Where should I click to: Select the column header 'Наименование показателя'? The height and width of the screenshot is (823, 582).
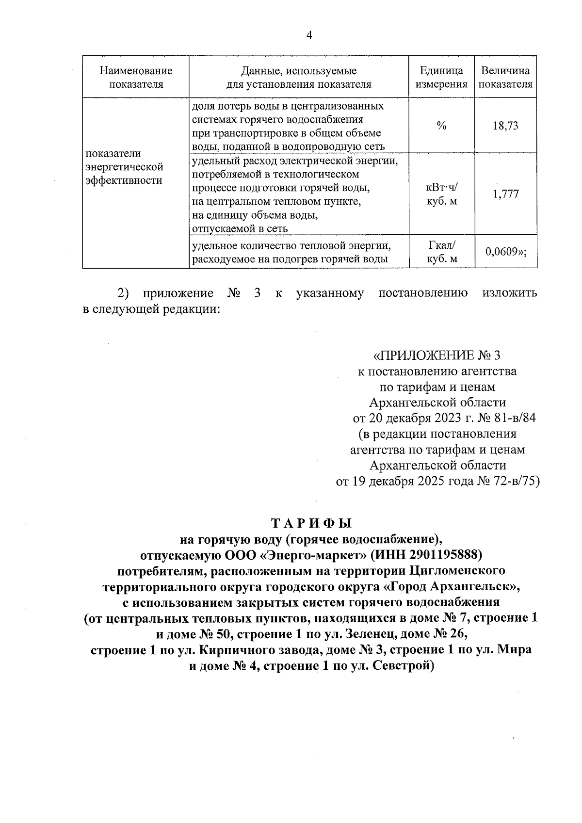tap(136, 78)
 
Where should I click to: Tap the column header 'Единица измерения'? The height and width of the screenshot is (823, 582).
tap(441, 78)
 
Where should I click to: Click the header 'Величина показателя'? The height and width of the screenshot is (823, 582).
tap(505, 78)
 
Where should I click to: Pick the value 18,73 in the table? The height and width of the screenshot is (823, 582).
tap(505, 126)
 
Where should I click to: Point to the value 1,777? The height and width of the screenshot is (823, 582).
tap(505, 194)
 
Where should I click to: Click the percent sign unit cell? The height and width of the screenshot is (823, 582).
tap(441, 126)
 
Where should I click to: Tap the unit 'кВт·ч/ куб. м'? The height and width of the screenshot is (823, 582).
tap(441, 194)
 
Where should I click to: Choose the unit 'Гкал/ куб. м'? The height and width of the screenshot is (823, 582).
tap(441, 252)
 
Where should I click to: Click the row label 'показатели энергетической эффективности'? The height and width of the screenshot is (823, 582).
tap(124, 167)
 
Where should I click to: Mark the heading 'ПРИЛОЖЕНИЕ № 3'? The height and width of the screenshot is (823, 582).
tap(436, 355)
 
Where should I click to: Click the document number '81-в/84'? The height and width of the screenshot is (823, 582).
tap(517, 418)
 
